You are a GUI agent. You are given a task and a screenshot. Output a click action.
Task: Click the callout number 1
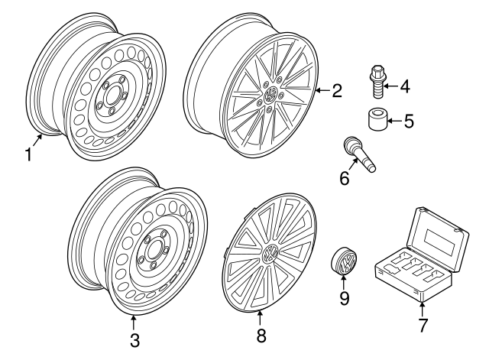coord(28,154)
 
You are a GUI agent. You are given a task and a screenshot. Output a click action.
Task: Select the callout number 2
coord(337,92)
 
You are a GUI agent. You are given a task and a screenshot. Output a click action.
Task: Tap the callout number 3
coord(134,339)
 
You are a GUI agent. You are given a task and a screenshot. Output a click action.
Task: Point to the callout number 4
coord(404,87)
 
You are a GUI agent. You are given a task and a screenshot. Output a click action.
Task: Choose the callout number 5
coord(408,120)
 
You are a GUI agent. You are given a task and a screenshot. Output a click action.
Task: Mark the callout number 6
coord(345,179)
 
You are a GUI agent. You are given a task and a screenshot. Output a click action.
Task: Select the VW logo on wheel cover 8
coord(270,255)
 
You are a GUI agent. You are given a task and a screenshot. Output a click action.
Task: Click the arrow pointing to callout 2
coord(321,92)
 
